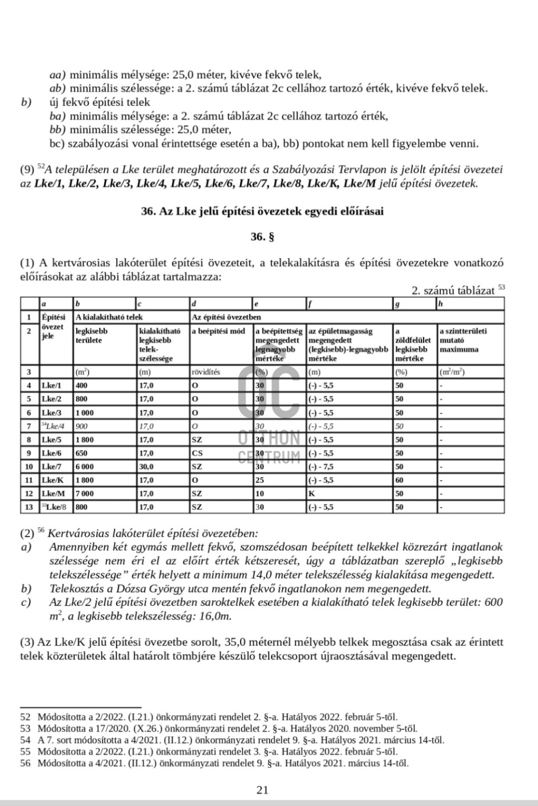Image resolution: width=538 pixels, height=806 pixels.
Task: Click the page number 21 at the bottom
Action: click(262, 790)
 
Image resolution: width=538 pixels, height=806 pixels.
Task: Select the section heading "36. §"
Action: click(262, 237)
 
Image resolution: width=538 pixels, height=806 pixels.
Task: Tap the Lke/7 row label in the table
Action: click(51, 467)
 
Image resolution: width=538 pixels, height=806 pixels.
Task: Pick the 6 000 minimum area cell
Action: click(85, 467)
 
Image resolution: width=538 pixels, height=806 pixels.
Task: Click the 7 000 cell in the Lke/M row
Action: click(85, 493)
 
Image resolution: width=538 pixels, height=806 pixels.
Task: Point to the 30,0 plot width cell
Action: click(147, 467)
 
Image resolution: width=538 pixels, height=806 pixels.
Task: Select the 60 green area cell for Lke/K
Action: click(400, 480)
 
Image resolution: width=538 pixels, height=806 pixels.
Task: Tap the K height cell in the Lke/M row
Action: click(312, 493)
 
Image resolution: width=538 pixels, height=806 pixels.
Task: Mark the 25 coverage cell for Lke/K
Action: click(259, 480)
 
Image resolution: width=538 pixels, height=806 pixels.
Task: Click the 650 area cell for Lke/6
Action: click(81, 453)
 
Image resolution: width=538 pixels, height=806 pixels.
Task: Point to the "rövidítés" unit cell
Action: click(206, 372)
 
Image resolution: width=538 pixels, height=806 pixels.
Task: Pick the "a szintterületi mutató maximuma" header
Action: click(463, 340)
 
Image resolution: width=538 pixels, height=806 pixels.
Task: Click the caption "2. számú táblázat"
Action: click(453, 291)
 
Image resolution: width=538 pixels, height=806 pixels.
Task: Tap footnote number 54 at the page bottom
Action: click(25, 740)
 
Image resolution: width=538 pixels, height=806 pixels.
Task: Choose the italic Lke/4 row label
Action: click(54, 426)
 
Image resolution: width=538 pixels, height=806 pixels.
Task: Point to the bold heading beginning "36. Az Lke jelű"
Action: click(262, 211)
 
